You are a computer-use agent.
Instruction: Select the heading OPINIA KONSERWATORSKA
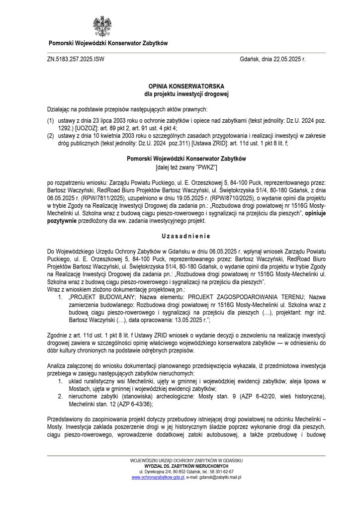click(180, 86)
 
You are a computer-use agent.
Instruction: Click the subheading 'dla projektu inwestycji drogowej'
click(180, 93)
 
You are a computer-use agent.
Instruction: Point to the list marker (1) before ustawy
click(50, 121)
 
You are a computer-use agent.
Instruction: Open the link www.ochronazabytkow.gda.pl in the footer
click(158, 477)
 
